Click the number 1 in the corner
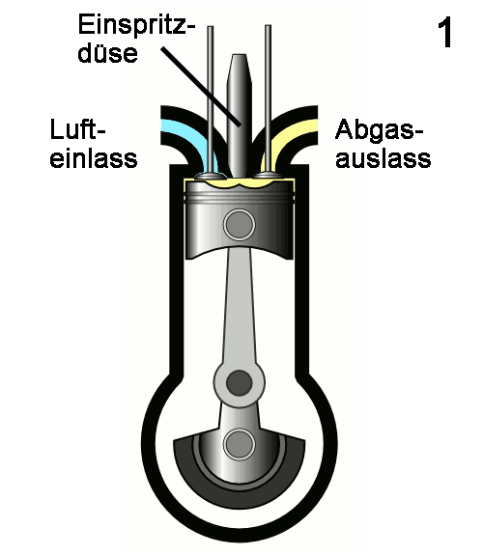444,33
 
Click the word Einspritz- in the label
136,25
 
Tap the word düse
107,52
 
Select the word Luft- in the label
78,129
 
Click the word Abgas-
380,131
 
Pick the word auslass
384,158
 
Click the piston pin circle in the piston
240,225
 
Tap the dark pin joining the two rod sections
240,383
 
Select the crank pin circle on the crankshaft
240,444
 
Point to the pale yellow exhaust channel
291,136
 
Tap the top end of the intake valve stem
211,27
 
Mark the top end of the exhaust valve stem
269,26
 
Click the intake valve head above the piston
211,176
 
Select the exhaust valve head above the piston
269,176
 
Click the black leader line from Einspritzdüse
201,86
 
